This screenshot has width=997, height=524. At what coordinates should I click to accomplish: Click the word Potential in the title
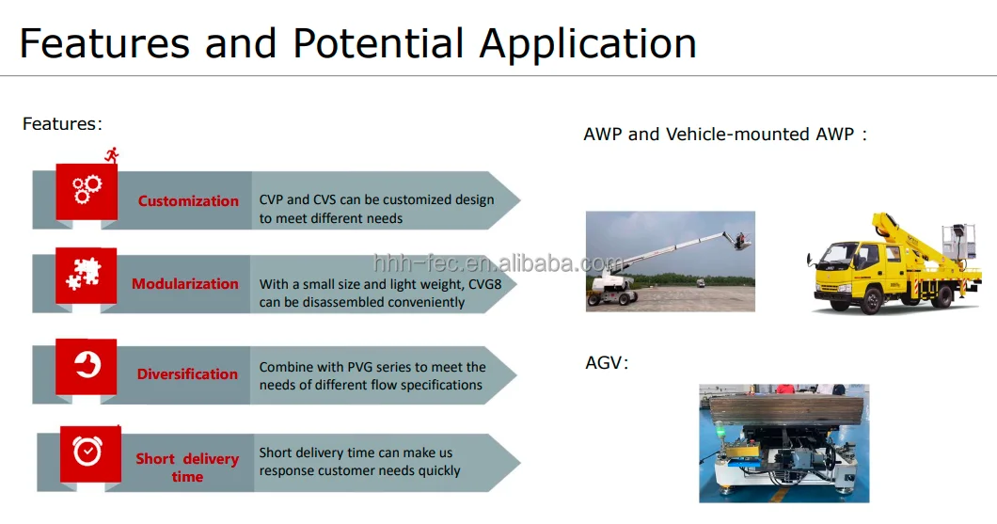(378, 44)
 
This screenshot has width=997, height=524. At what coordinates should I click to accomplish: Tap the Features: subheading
(62, 123)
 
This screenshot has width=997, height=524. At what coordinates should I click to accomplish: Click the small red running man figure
(112, 154)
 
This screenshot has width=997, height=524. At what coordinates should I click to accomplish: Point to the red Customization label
(188, 201)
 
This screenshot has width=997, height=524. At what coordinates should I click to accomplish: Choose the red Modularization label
(185, 283)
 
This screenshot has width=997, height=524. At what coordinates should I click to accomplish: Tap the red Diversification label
(187, 373)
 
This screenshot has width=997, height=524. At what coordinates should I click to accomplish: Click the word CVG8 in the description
(484, 284)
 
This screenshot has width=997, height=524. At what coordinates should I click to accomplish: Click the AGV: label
(607, 363)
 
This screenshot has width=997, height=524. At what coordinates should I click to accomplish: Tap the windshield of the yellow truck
(835, 254)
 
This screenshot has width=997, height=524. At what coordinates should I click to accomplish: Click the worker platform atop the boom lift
(741, 241)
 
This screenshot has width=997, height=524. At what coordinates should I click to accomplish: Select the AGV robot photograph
(784, 443)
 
